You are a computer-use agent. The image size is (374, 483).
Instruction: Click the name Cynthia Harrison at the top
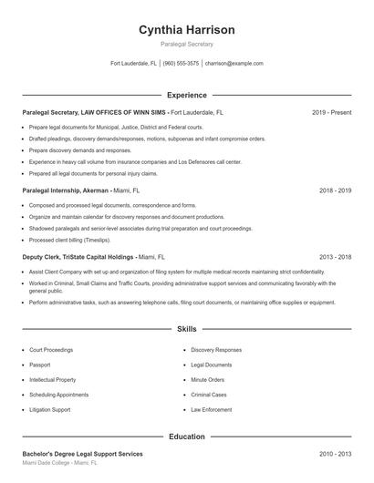[x=186, y=30]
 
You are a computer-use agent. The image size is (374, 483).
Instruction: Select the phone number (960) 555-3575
[x=182, y=64]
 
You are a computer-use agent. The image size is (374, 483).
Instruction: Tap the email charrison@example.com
[x=234, y=64]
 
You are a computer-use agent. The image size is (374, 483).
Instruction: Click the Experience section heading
[x=186, y=95]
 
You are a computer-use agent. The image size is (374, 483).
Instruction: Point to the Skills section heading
[x=186, y=328]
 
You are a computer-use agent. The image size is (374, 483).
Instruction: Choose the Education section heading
[x=186, y=437]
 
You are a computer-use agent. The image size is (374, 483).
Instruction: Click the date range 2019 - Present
[x=331, y=112]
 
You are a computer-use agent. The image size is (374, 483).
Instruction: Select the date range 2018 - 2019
[x=335, y=191]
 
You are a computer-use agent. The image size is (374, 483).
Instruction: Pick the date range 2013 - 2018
[x=335, y=258]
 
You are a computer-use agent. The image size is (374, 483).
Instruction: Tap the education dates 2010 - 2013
[x=335, y=453]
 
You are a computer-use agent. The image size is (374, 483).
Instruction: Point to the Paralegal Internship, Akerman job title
[x=65, y=191]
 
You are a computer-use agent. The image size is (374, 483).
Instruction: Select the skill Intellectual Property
[x=52, y=379]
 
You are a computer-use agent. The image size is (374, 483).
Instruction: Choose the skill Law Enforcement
[x=213, y=410]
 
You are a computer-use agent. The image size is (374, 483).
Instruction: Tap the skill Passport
[x=40, y=365]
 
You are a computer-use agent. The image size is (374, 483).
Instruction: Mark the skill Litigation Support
[x=49, y=410]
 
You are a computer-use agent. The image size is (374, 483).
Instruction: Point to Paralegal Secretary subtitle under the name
[x=186, y=45]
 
